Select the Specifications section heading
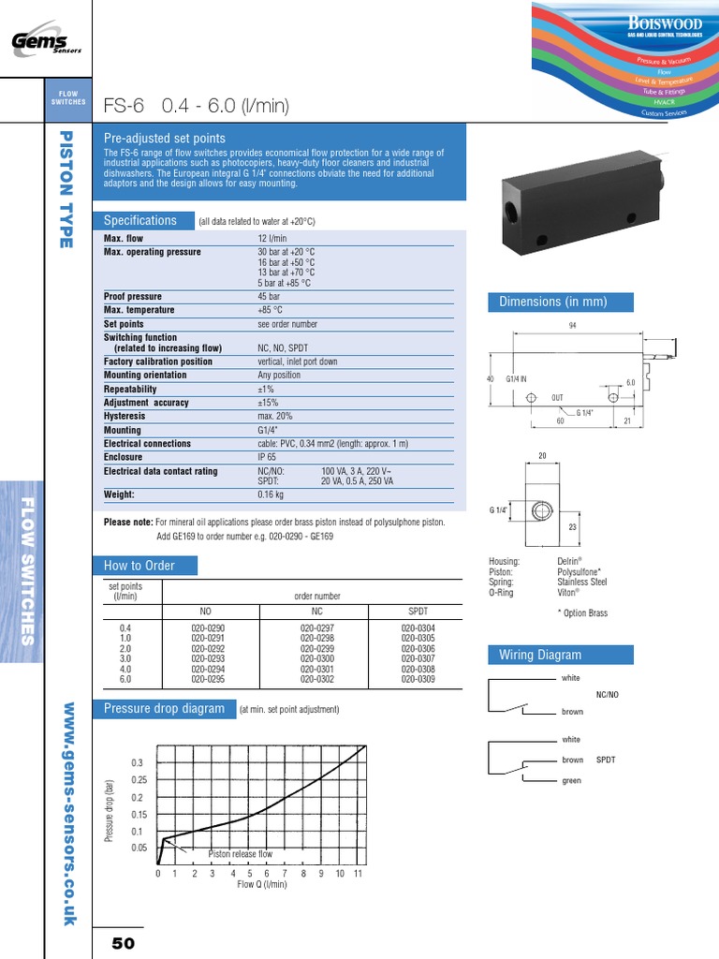[x=139, y=221]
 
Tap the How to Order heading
[x=139, y=566]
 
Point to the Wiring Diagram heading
[x=540, y=655]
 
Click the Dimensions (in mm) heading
[x=553, y=302]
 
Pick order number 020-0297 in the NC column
[x=318, y=629]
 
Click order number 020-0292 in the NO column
[x=208, y=647]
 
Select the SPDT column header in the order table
[x=418, y=611]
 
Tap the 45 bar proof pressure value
[x=269, y=297]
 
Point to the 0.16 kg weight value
[x=271, y=494]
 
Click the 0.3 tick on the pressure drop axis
[x=138, y=763]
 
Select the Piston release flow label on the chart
[x=240, y=854]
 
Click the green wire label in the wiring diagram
[x=571, y=781]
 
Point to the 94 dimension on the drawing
[x=572, y=325]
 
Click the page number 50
[x=125, y=943]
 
